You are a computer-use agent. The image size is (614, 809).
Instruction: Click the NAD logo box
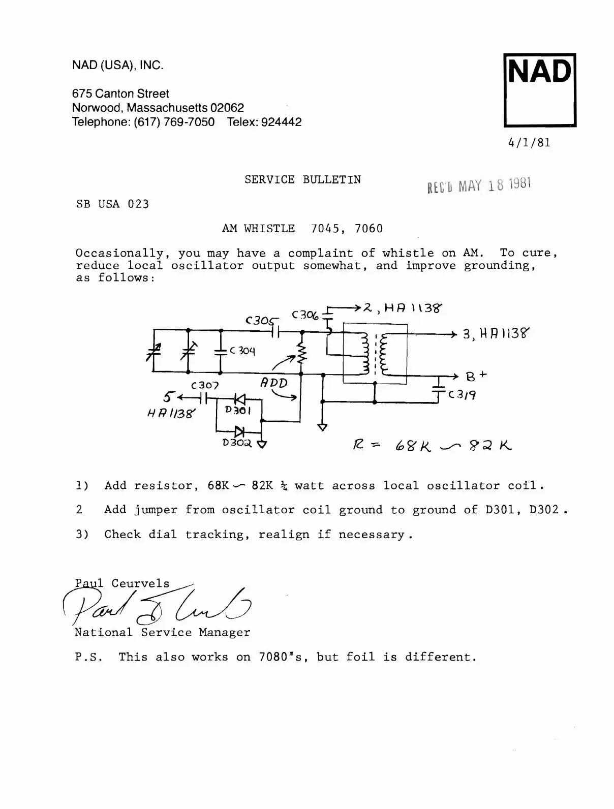[x=540, y=90]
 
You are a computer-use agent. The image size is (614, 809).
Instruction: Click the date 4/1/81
[x=529, y=142]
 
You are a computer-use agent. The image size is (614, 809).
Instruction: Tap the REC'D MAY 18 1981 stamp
[x=479, y=185]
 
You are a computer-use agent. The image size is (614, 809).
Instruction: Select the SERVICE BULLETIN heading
[x=302, y=179]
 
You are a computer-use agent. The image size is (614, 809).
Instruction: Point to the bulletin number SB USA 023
[x=112, y=204]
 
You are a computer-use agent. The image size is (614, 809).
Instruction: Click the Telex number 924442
[x=281, y=122]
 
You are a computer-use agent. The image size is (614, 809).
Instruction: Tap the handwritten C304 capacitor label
[x=242, y=351]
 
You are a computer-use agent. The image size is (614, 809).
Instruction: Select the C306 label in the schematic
[x=305, y=315]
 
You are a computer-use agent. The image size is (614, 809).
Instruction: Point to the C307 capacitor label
[x=205, y=386]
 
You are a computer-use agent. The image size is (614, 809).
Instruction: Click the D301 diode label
[x=237, y=410]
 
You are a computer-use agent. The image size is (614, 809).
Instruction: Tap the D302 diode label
[x=237, y=443]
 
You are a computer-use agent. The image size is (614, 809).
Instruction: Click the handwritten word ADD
[x=274, y=383]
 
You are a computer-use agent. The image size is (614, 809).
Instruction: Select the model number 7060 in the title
[x=369, y=229]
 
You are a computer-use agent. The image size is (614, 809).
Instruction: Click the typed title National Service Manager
[x=162, y=633]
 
